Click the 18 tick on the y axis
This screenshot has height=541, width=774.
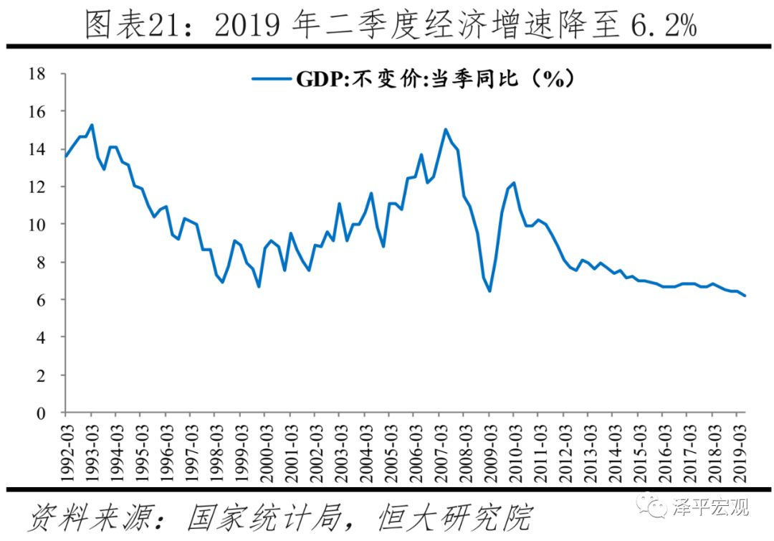click(37, 74)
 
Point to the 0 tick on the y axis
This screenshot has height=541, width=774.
click(42, 413)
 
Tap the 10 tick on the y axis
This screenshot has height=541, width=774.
click(37, 225)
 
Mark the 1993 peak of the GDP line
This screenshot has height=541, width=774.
click(91, 125)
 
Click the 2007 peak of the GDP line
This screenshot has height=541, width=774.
click(446, 129)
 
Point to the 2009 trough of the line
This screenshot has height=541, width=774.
click(489, 291)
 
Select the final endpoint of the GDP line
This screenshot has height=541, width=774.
click(745, 296)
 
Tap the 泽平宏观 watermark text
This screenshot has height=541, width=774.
click(710, 508)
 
